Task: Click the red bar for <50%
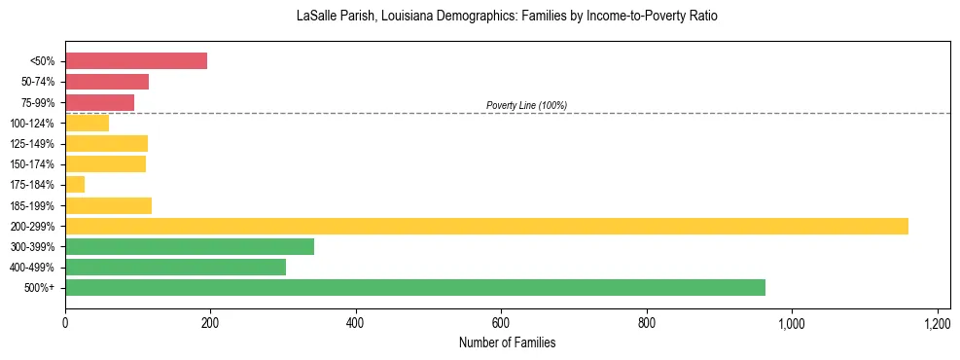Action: (x=136, y=61)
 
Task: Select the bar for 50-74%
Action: (x=107, y=82)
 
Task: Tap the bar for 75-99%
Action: (x=99, y=102)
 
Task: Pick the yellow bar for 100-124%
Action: (x=87, y=123)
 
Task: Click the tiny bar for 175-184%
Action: (x=75, y=185)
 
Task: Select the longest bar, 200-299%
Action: (x=486, y=226)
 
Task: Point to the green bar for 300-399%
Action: (x=190, y=247)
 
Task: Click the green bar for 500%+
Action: (x=415, y=288)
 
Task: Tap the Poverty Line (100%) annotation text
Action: (x=526, y=105)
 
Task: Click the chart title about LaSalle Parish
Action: (x=507, y=17)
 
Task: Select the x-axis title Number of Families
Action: (x=507, y=343)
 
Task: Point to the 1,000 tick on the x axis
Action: (x=791, y=322)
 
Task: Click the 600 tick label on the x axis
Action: (x=501, y=322)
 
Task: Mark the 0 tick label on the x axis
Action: (x=65, y=322)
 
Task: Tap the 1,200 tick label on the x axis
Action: (x=937, y=322)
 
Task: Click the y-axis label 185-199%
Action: (x=32, y=206)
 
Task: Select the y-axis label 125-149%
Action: (x=32, y=144)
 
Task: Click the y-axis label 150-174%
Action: (x=32, y=164)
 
